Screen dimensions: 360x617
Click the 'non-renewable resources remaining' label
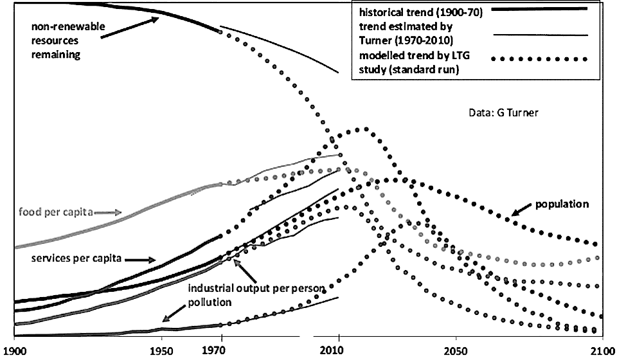point(60,40)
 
